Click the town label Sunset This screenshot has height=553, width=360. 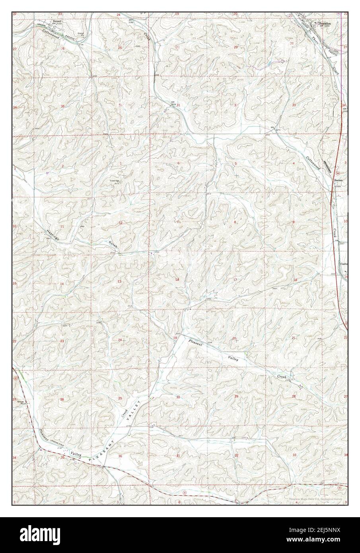tap(58, 18)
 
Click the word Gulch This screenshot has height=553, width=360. tap(113, 244)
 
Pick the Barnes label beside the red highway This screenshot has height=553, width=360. tap(338, 179)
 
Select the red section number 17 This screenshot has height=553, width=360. tap(235, 280)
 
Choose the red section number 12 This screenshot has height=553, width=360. tap(120, 223)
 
